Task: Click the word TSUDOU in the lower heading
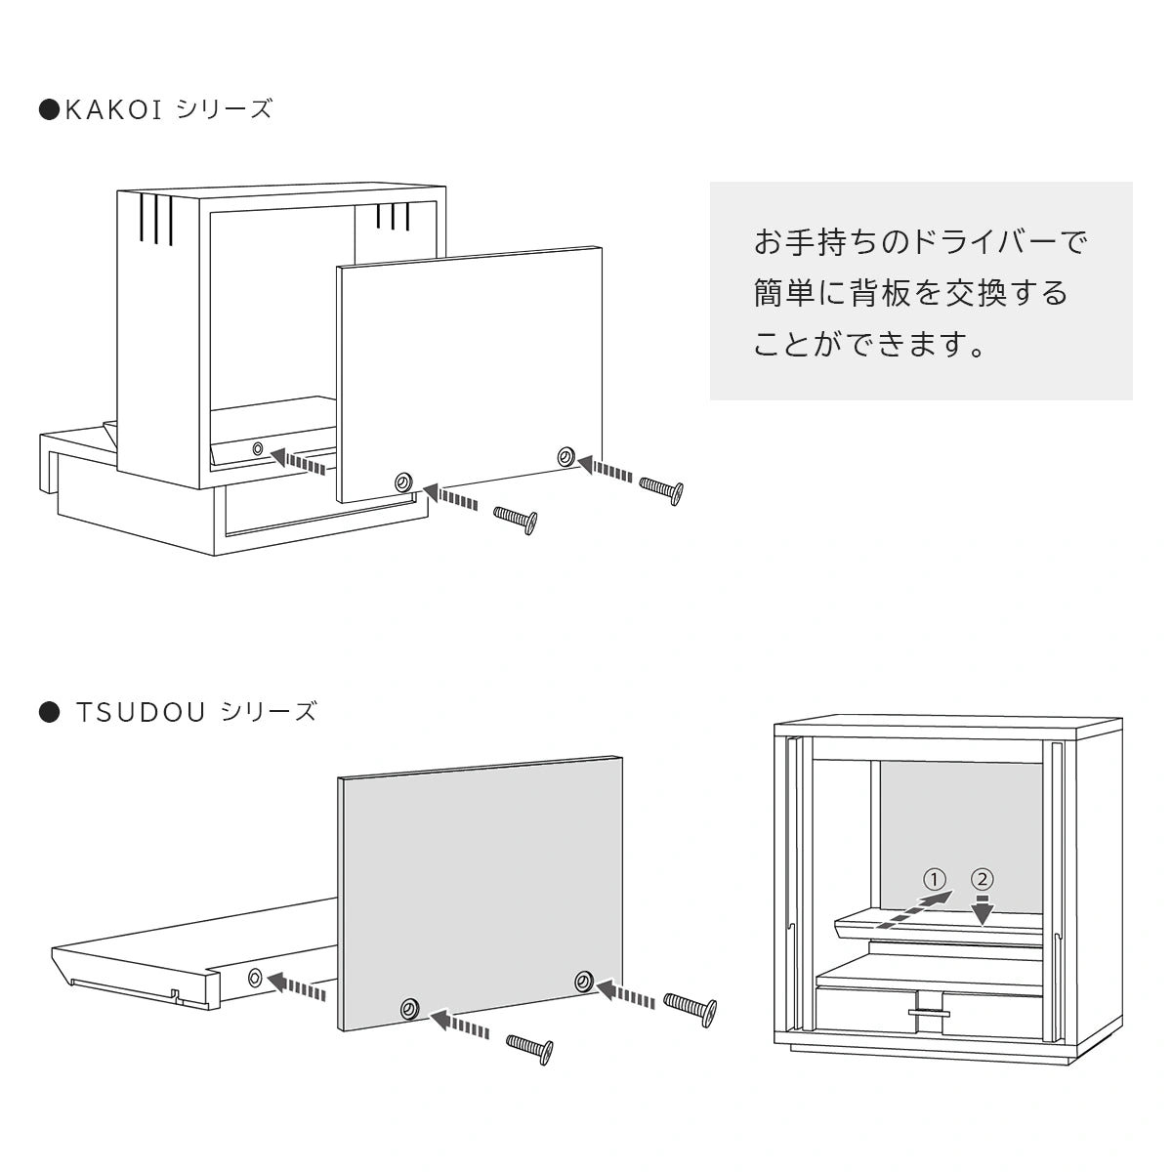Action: pos(141,712)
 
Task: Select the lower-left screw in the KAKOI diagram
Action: pos(515,520)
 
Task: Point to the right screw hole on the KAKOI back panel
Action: pos(565,455)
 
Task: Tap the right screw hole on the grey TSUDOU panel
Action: pos(584,980)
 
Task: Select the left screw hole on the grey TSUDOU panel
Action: pos(409,1009)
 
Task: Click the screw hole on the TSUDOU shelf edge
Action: pos(255,976)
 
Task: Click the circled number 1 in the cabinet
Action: pos(936,878)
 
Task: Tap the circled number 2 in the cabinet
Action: pos(983,878)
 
